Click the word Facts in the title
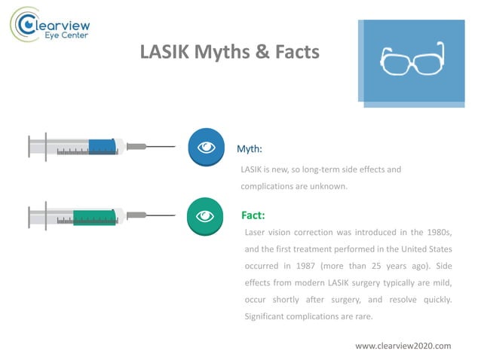(293, 53)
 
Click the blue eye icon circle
(206, 147)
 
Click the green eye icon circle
(206, 216)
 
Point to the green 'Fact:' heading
(253, 215)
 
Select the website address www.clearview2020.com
(403, 346)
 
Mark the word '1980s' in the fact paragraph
(436, 231)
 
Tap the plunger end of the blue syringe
(29, 146)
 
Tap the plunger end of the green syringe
(29, 216)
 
